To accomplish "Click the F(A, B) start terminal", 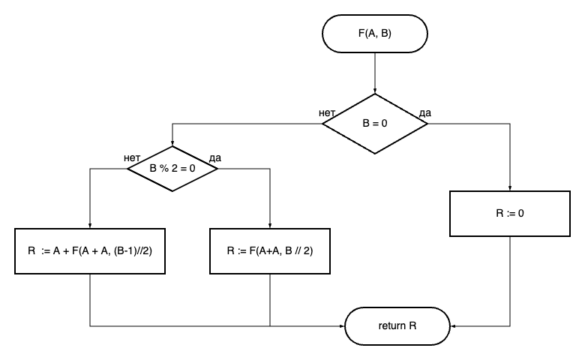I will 374,33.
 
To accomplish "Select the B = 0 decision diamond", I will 374,124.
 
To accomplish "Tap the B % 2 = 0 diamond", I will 172,169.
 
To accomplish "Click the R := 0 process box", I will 510,213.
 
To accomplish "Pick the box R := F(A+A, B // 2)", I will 270,250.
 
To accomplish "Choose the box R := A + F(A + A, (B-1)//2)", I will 90,250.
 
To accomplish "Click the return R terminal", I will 397,326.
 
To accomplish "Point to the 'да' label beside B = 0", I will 425,113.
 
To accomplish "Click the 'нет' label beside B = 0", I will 327,113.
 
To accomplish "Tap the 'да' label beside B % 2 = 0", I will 215,158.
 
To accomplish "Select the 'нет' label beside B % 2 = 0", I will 132,158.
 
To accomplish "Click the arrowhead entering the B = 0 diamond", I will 374,91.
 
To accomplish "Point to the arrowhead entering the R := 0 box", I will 510,188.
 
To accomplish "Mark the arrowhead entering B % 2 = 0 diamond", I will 172,143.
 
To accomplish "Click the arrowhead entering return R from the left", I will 341,326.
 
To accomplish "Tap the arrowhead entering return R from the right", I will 454,326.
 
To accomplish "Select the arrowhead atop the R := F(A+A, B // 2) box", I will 270,225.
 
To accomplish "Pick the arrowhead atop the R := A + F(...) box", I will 90,225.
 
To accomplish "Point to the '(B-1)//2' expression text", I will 133,250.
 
